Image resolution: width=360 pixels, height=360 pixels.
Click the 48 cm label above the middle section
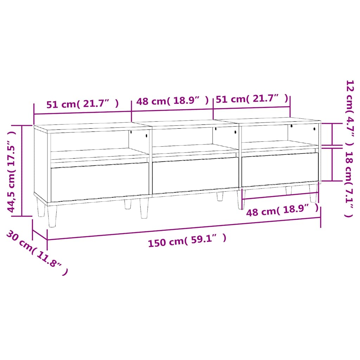[x=172, y=101]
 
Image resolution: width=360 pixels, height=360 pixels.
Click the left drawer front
[x=100, y=181]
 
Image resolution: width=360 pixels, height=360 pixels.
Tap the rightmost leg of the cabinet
[x=313, y=193]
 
